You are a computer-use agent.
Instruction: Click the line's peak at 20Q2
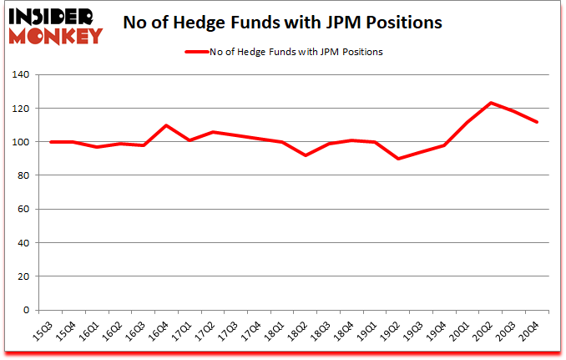coord(491,103)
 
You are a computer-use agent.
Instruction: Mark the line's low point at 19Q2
coord(398,159)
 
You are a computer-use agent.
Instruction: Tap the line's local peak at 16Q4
coord(167,125)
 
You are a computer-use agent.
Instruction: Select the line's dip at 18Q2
coord(306,155)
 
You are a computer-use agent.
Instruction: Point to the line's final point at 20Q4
coord(537,122)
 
